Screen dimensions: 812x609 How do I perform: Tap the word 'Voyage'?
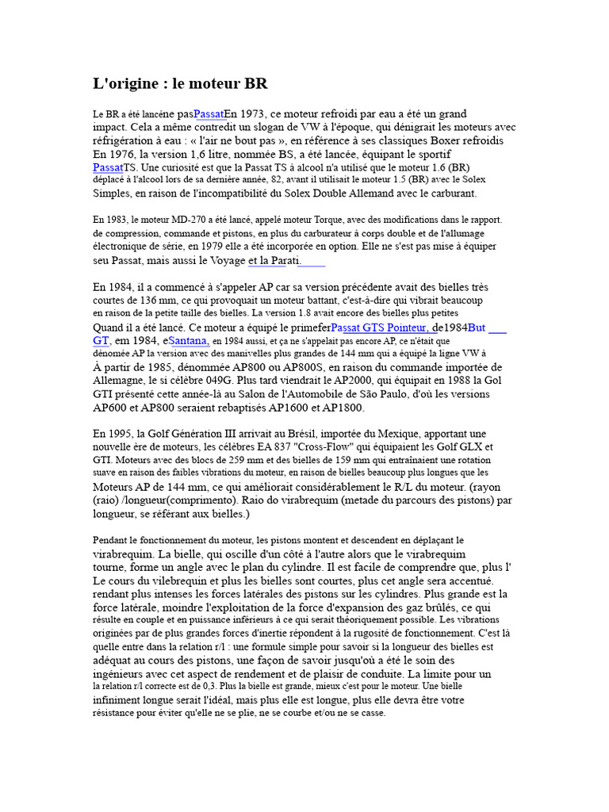click(x=225, y=260)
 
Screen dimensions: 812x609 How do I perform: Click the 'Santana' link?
click(x=189, y=340)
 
